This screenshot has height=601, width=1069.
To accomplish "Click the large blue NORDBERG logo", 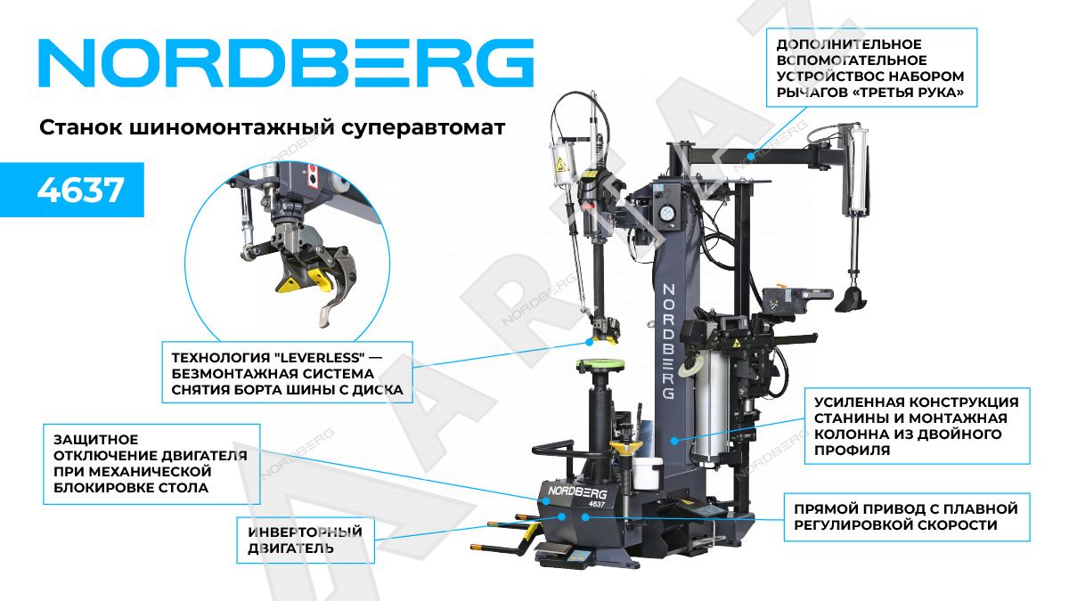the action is click(286, 63).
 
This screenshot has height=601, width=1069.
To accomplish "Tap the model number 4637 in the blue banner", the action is click(81, 191).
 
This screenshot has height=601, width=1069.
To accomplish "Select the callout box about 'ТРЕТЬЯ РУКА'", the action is click(871, 68).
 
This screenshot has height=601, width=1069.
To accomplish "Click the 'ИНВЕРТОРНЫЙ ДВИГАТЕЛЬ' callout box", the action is click(306, 540).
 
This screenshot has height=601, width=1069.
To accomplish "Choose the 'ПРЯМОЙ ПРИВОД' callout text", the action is click(906, 517).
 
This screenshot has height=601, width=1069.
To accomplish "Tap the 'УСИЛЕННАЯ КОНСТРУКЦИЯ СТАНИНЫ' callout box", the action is click(917, 426).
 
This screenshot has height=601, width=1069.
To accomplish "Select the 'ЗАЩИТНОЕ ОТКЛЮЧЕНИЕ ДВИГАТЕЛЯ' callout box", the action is click(151, 464).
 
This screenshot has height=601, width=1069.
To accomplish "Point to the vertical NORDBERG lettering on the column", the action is click(668, 342).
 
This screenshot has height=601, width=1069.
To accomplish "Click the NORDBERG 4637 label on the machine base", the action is click(577, 496).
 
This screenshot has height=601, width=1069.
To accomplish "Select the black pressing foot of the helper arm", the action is click(852, 299).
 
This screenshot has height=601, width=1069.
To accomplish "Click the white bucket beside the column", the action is click(647, 473).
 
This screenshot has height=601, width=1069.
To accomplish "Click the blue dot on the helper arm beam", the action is click(750, 156).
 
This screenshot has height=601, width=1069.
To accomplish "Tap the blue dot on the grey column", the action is click(674, 441).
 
